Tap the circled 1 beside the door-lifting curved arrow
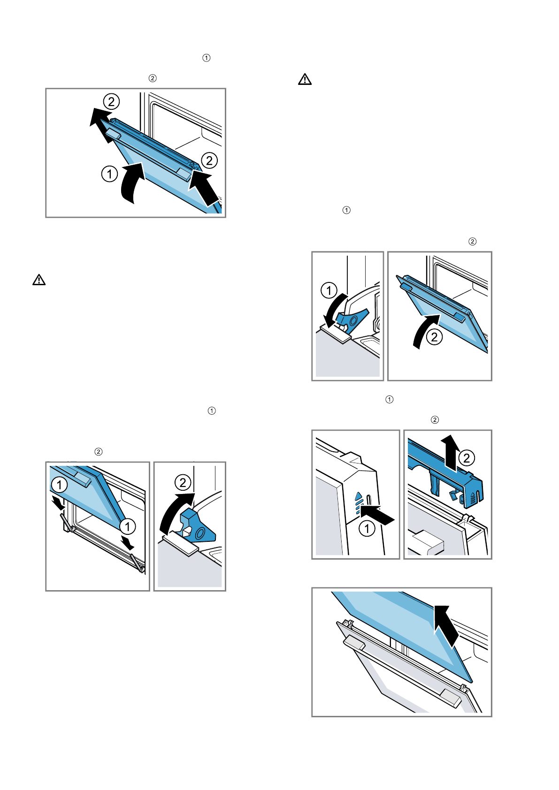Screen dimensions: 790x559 (x=109, y=174)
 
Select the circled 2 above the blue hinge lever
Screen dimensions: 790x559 (x=183, y=482)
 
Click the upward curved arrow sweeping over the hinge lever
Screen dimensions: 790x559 (x=174, y=511)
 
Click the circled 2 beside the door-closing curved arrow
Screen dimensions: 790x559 (x=435, y=337)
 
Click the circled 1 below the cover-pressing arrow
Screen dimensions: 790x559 (x=367, y=529)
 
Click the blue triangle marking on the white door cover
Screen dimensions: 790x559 (x=359, y=495)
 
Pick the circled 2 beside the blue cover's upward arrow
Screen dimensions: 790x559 (x=467, y=458)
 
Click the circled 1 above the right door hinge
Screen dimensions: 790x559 (x=127, y=526)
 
